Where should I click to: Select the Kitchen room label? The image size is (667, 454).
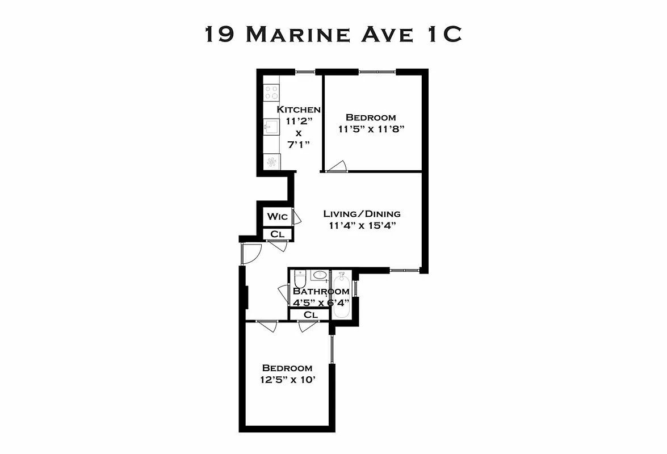[299, 110]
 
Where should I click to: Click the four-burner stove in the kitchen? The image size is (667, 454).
[271, 93]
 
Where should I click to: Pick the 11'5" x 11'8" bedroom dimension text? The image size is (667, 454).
[371, 129]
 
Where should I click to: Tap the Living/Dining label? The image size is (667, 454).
[362, 214]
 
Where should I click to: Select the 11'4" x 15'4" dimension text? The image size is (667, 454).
[362, 225]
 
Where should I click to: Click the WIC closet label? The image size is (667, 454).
[277, 217]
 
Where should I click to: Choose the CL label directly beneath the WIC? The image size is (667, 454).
[277, 234]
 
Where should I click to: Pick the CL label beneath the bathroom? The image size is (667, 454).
[309, 314]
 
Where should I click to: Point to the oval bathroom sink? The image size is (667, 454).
[320, 275]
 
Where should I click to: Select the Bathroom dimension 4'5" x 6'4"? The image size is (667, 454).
[321, 302]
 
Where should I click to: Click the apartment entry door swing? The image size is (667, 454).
[251, 253]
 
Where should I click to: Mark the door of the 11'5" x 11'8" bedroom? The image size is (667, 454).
[336, 167]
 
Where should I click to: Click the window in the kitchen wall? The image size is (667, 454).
[305, 72]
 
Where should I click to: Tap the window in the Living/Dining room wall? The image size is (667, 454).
[404, 270]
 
